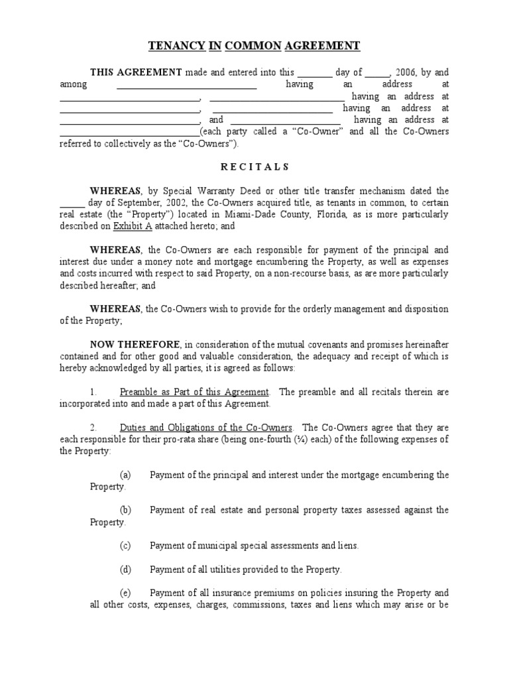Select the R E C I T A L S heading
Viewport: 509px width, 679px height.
click(254, 167)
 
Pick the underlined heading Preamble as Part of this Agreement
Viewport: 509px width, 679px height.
click(194, 393)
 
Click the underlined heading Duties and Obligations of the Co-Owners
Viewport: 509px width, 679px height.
click(205, 428)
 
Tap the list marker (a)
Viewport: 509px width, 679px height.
click(125, 475)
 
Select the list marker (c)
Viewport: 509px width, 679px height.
click(125, 546)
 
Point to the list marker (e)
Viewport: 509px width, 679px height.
click(125, 593)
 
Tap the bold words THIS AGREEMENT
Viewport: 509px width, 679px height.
click(136, 72)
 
